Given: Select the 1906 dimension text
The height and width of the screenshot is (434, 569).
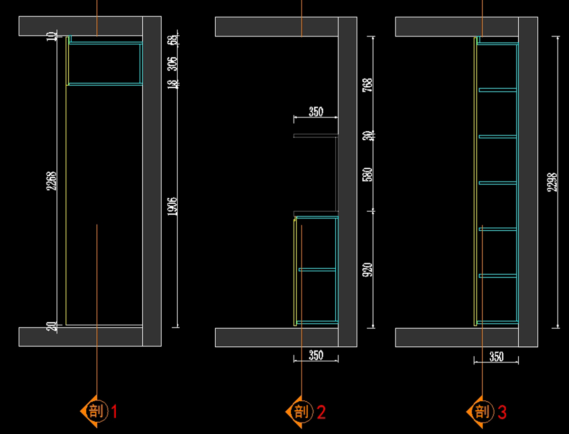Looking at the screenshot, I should click(173, 207).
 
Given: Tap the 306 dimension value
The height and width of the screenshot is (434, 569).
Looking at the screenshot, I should click(173, 63).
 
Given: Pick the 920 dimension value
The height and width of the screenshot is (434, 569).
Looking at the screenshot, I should click(367, 270).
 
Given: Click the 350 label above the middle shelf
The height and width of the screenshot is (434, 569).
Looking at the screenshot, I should click(316, 112).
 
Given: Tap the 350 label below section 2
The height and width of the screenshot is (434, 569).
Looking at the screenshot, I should click(316, 354).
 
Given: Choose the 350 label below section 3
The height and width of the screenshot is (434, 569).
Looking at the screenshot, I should click(496, 356).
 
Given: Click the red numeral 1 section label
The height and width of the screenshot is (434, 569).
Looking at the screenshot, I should click(114, 411).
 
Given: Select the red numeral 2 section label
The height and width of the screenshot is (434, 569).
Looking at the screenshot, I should click(321, 412).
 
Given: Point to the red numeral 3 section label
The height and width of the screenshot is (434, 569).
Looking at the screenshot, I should click(502, 412).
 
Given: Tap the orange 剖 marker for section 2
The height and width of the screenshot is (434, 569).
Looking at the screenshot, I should click(301, 412).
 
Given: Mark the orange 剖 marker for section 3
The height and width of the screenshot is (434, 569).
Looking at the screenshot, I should click(481, 412).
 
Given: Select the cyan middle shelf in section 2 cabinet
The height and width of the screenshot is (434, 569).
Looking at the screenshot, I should click(317, 270).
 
